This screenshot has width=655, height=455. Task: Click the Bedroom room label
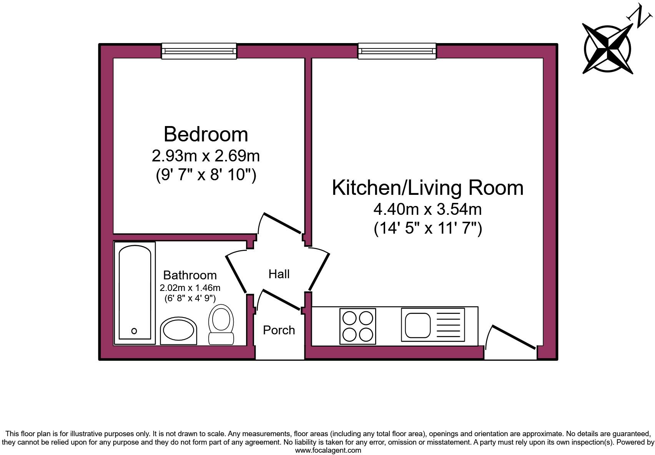[x=206, y=134]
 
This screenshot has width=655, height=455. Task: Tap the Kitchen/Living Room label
[x=427, y=188]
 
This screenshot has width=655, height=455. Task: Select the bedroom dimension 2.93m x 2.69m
[x=206, y=156]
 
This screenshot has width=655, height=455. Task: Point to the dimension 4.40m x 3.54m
[x=427, y=209]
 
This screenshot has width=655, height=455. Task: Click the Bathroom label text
[x=190, y=275]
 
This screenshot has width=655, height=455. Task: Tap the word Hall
[x=279, y=274]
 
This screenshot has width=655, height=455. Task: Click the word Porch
[x=279, y=330]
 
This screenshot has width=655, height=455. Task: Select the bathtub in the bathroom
[x=135, y=292]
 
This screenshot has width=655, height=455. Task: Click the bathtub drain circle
[x=134, y=331]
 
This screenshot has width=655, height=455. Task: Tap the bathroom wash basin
[x=178, y=331]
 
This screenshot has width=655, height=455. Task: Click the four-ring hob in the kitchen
[x=357, y=326]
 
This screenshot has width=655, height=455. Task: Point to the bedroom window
[x=199, y=51]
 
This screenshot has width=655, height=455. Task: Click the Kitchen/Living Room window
[x=397, y=51]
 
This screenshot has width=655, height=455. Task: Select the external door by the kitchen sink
[x=514, y=337]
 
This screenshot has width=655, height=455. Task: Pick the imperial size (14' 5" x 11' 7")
[x=427, y=229]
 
